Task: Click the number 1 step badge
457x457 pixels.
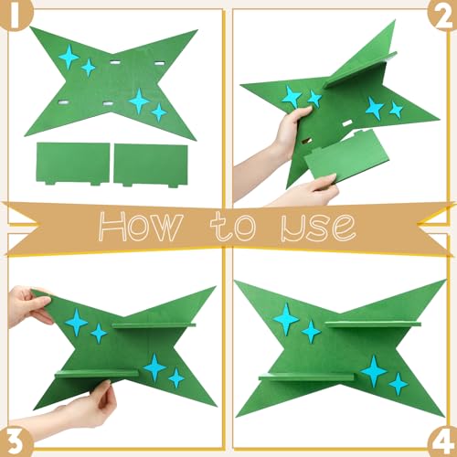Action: tap(14, 16)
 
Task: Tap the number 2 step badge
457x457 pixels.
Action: tap(443, 16)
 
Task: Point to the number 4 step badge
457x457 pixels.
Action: tap(443, 443)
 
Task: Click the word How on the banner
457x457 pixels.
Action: tap(141, 226)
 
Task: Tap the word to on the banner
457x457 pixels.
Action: tap(233, 226)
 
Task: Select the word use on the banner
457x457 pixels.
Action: tap(318, 228)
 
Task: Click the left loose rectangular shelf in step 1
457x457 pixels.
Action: tap(73, 164)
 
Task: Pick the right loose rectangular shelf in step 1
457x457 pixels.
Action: tap(151, 165)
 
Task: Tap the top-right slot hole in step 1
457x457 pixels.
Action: tap(159, 63)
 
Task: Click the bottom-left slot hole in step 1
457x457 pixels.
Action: tap(64, 103)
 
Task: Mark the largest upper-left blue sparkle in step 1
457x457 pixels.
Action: tap(69, 57)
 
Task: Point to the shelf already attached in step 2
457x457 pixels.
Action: tap(359, 70)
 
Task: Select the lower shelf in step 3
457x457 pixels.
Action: tap(97, 373)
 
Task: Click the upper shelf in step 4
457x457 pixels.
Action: tap(373, 324)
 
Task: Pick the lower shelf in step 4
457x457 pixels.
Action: tap(306, 377)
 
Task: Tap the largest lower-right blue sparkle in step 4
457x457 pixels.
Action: tap(374, 371)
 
